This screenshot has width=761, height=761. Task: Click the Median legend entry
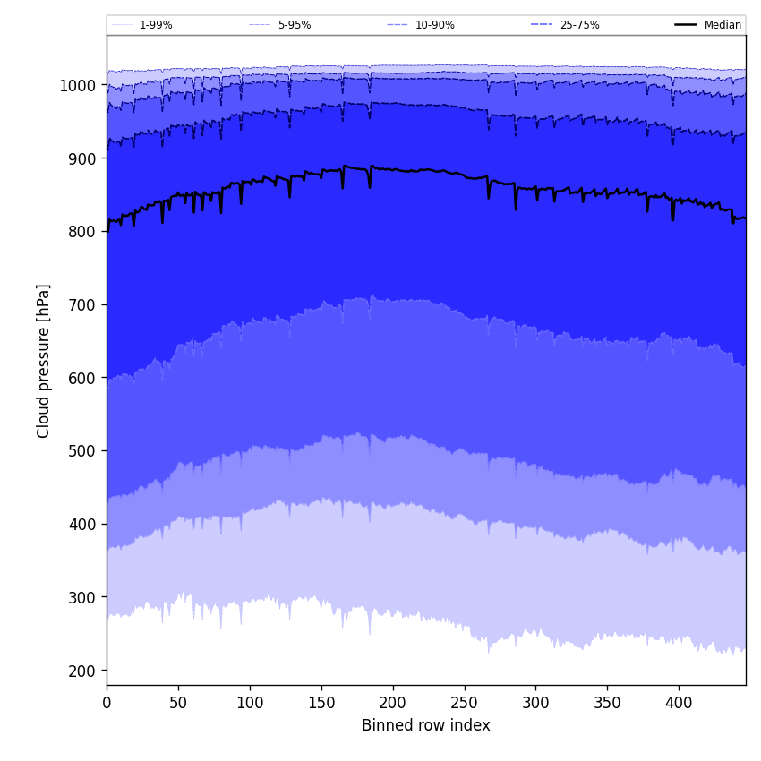(723, 25)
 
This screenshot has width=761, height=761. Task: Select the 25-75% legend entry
(579, 25)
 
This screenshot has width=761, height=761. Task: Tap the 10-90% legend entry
(434, 25)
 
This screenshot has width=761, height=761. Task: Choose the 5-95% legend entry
(294, 25)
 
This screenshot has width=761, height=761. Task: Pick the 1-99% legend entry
(156, 25)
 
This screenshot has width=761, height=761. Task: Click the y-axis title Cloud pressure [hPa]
(44, 361)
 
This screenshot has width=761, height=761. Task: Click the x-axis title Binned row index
(426, 725)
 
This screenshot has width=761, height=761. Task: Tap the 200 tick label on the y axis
(83, 671)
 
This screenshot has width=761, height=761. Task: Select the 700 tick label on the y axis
(83, 305)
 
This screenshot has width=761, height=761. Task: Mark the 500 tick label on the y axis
(83, 451)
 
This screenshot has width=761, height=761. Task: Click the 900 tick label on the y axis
(83, 158)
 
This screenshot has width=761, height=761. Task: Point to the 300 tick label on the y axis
(83, 597)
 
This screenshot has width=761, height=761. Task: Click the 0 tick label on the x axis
(107, 703)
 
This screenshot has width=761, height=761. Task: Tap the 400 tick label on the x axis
(679, 703)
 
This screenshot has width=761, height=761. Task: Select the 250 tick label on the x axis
(464, 703)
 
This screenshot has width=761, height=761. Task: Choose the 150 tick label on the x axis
(321, 703)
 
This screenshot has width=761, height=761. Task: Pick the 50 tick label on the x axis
(178, 703)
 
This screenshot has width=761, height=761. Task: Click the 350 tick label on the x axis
(607, 703)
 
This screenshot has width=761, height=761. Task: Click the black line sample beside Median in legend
(687, 25)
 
